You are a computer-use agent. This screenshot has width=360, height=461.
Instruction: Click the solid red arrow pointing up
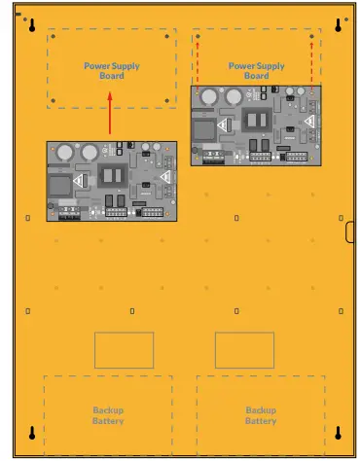click(110, 113)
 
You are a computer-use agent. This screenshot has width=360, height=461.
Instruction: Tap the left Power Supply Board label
click(111, 71)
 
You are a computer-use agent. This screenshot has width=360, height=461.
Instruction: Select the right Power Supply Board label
click(256, 71)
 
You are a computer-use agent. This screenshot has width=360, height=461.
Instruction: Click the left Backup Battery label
click(108, 415)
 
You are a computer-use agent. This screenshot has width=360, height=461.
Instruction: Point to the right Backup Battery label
click(261, 415)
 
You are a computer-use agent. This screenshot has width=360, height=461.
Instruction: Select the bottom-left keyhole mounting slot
click(31, 433)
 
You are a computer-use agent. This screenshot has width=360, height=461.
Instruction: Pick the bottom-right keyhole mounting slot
click(338, 433)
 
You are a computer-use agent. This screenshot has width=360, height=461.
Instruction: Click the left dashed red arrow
click(198, 62)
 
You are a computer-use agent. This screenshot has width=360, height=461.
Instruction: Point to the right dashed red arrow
click(311, 62)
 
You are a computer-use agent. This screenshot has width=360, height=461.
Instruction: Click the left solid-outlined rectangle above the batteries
click(124, 350)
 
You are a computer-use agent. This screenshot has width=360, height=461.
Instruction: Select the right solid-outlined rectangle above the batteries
click(243, 350)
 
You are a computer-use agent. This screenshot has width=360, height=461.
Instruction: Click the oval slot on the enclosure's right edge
click(350, 230)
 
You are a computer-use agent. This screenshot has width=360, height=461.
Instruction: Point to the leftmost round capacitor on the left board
click(62, 152)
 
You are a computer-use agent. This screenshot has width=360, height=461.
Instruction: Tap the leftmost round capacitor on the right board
click(205, 96)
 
